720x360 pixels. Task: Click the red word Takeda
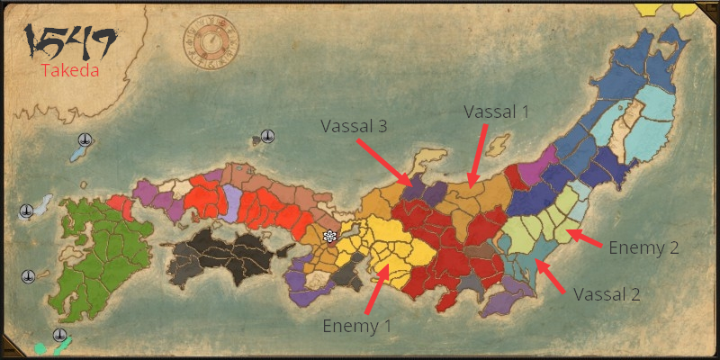[x=69, y=69]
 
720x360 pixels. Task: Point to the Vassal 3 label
[x=354, y=126]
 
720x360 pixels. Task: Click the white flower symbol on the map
[x=330, y=236]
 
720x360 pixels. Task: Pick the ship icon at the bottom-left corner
[x=59, y=336]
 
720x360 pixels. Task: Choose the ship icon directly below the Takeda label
[x=84, y=139]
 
